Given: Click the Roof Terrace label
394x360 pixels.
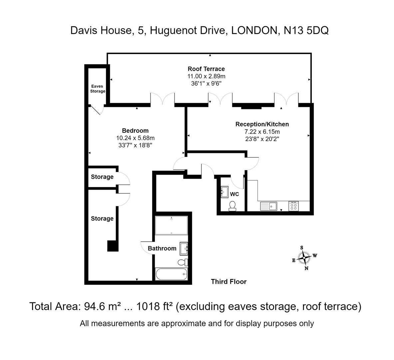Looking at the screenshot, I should [x=206, y=69].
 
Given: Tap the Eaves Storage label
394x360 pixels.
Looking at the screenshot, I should [x=98, y=89].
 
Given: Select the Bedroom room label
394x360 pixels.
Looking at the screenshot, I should [x=135, y=131].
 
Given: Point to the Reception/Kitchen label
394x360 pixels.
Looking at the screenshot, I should [x=262, y=124].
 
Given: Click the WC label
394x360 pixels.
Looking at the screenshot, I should [x=234, y=194].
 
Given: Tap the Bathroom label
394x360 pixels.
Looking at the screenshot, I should [x=162, y=248].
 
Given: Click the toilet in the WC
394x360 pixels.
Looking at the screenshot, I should [x=232, y=206].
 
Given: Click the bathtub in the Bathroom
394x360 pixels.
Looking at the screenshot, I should [x=171, y=275].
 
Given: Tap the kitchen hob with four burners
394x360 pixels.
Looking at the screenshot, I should [x=293, y=206].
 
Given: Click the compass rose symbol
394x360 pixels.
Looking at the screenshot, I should [x=304, y=258].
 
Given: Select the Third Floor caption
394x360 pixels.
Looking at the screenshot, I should [x=228, y=282].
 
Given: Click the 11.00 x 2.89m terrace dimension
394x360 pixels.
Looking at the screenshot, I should [x=206, y=76].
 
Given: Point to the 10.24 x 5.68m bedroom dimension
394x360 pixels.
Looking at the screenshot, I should [x=135, y=138].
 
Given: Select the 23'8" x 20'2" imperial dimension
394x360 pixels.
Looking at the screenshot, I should [x=262, y=139].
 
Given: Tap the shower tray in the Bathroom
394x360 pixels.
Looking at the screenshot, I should [x=171, y=225].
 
